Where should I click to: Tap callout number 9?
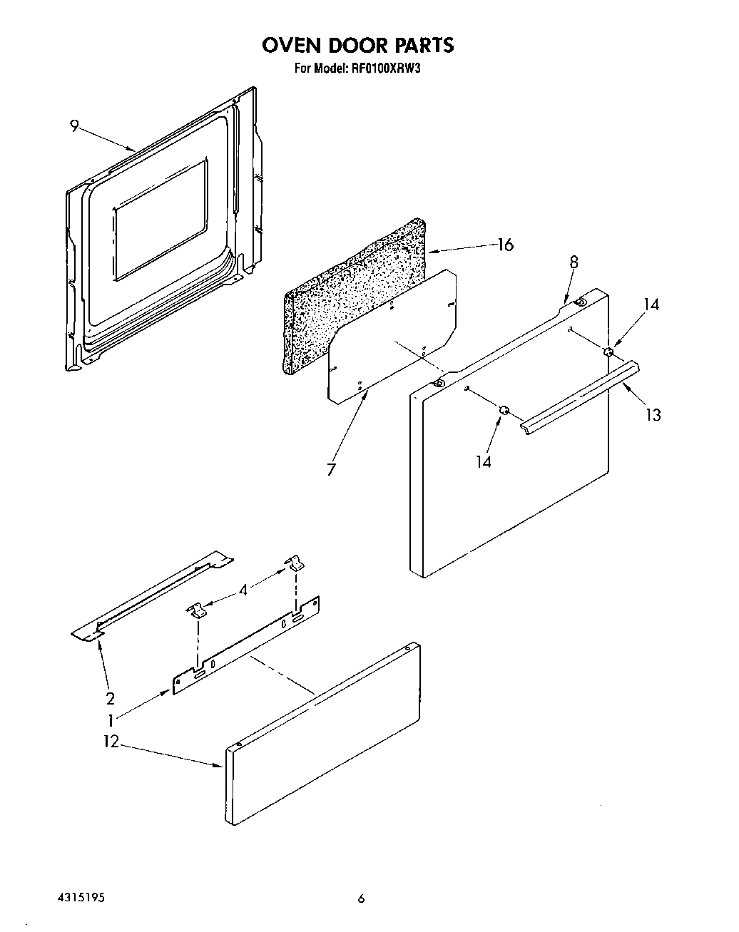[x=74, y=126]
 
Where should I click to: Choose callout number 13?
[x=653, y=414]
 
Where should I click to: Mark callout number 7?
[x=332, y=470]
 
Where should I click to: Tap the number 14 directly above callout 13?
[x=651, y=304]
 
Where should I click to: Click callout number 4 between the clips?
[x=245, y=590]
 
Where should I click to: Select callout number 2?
[x=111, y=698]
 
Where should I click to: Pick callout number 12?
[x=111, y=742]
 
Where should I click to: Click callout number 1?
[x=111, y=720]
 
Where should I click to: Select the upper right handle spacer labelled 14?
[x=608, y=352]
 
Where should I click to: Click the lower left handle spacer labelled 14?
[x=503, y=409]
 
